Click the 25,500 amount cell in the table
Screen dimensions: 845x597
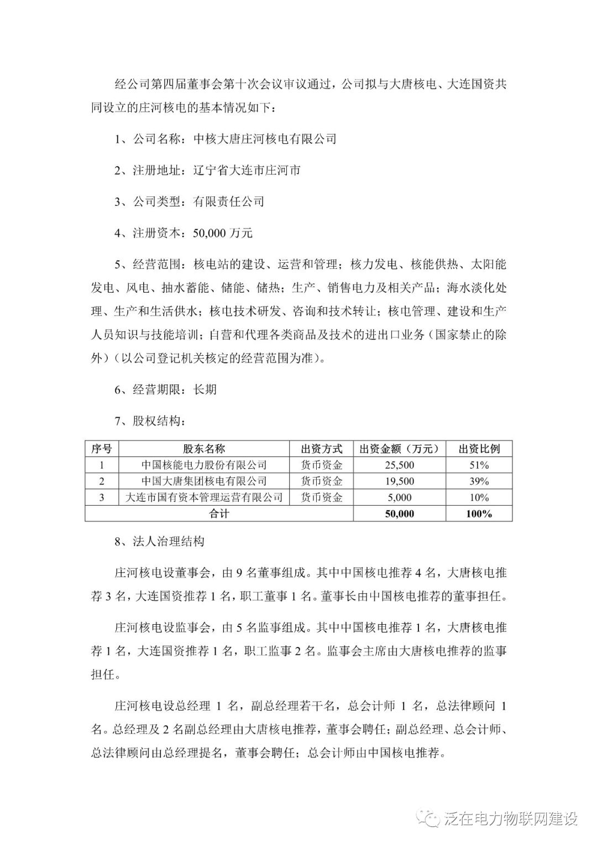coord(399,465)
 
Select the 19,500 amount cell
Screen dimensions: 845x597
coord(399,481)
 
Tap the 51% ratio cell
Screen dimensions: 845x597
coord(479,465)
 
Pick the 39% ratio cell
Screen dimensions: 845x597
coord(479,481)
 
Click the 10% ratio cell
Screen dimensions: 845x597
coord(479,497)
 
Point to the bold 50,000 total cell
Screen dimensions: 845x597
coord(399,514)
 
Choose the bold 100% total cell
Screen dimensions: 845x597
coord(479,514)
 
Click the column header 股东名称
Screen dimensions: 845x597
coord(204,448)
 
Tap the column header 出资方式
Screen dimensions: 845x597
coord(321,448)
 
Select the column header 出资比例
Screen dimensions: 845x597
coord(479,448)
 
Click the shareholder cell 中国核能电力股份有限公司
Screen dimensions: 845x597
coord(204,465)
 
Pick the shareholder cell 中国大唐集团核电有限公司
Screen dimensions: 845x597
coord(204,481)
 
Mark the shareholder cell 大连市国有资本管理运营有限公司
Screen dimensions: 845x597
coord(204,497)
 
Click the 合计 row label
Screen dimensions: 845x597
coord(219,514)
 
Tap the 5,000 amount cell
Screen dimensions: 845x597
coord(399,497)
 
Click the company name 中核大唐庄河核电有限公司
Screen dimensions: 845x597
coord(265,139)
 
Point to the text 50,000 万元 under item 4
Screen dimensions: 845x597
coord(223,233)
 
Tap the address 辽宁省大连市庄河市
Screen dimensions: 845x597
coord(247,170)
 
